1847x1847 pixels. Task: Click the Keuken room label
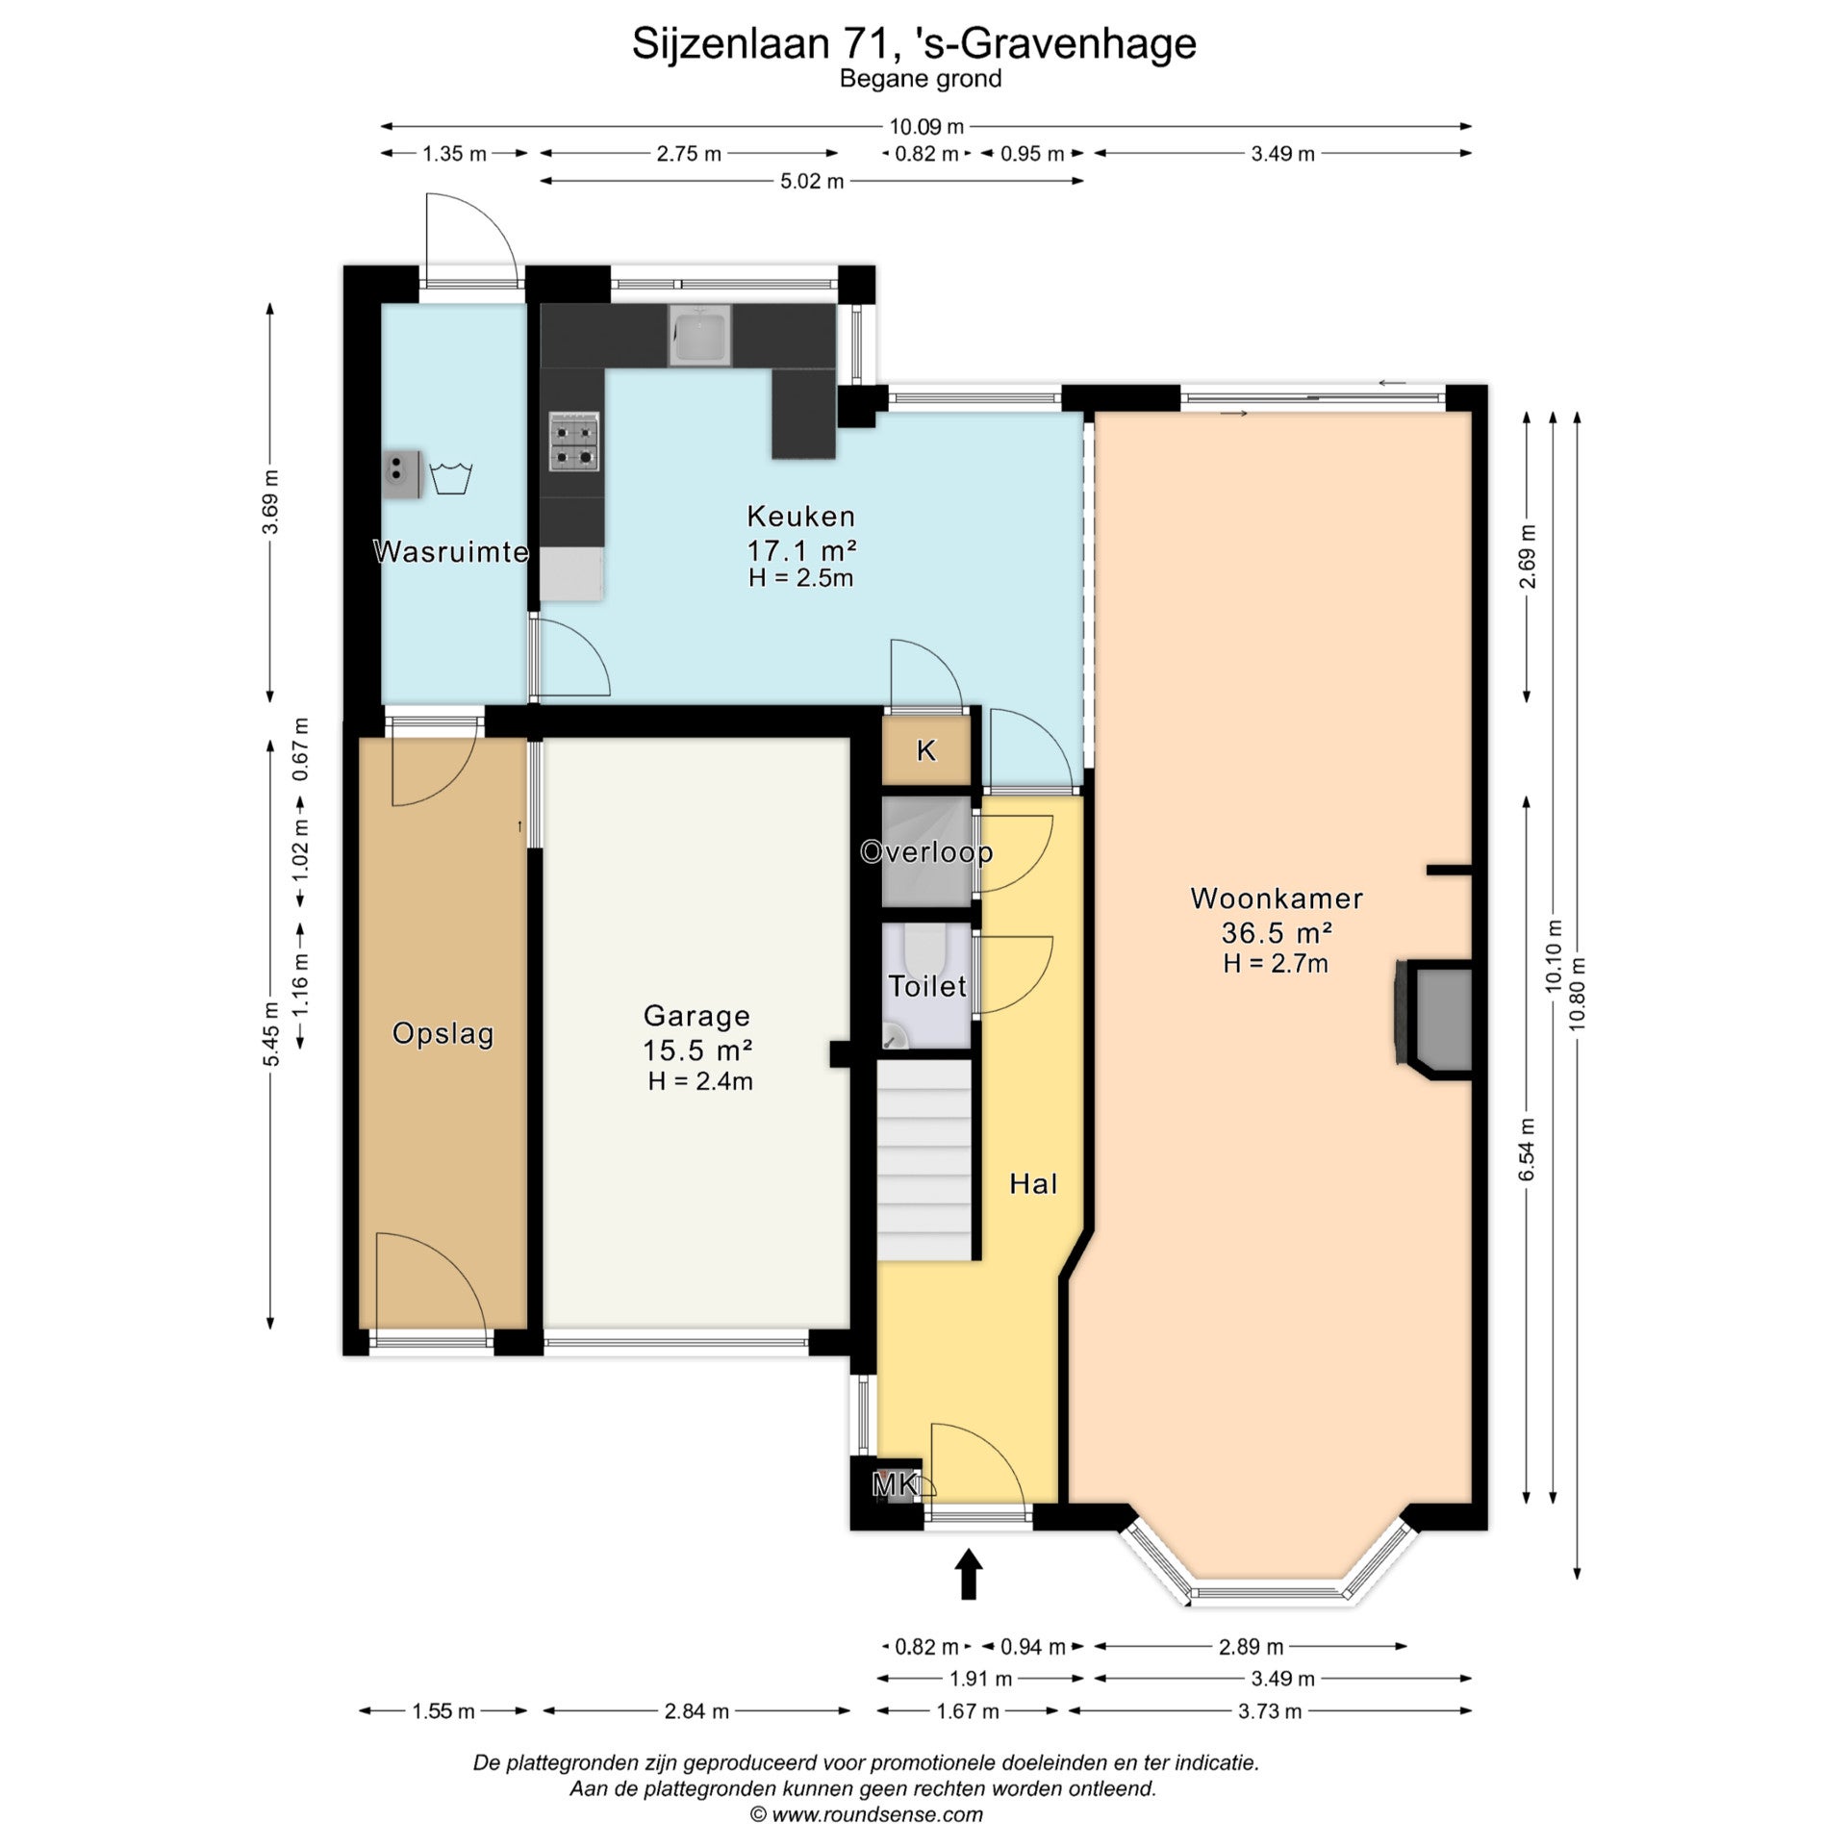(x=800, y=517)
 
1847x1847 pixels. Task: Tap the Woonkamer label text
(x=1277, y=898)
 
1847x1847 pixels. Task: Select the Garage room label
(x=696, y=1016)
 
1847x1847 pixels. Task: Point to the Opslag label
(x=443, y=1034)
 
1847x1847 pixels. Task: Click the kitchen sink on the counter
(x=700, y=337)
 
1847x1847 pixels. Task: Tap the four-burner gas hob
(x=574, y=442)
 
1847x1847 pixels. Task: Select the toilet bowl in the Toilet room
(x=926, y=948)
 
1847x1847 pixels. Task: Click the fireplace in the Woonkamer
(x=1433, y=1019)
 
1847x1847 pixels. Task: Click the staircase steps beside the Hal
(x=923, y=1160)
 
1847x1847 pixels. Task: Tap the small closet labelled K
(x=926, y=751)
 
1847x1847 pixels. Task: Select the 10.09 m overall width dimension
(x=925, y=126)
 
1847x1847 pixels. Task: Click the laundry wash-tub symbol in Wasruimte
(x=450, y=478)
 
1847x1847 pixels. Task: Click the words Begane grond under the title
(x=921, y=79)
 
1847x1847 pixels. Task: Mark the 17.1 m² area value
(x=801, y=549)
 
